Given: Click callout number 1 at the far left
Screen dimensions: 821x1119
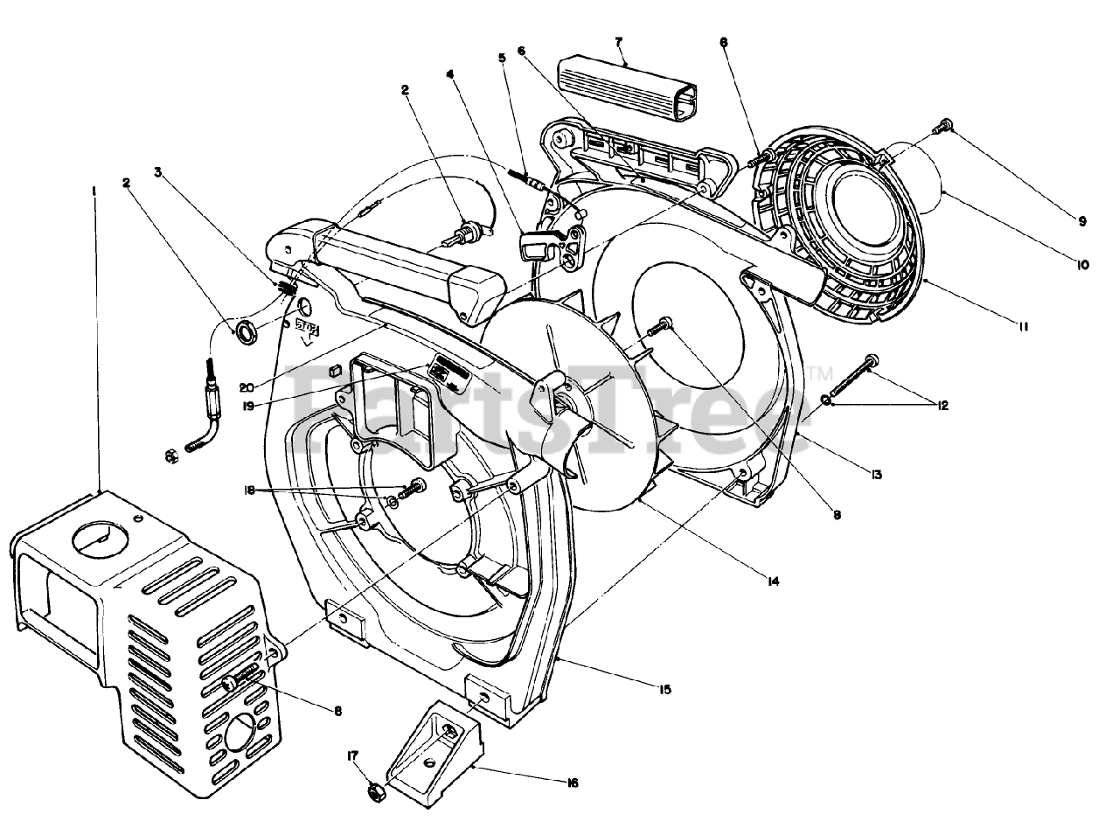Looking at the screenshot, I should (94, 189).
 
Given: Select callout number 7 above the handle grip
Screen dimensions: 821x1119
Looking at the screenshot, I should (618, 41).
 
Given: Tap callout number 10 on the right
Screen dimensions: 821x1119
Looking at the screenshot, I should (1083, 263).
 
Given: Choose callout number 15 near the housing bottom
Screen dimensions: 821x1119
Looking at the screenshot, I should (664, 690).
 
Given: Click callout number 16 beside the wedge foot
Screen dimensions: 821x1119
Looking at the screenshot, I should (572, 783).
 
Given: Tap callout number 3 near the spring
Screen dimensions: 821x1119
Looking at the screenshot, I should (158, 173).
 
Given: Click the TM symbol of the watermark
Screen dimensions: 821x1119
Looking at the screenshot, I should (822, 374).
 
